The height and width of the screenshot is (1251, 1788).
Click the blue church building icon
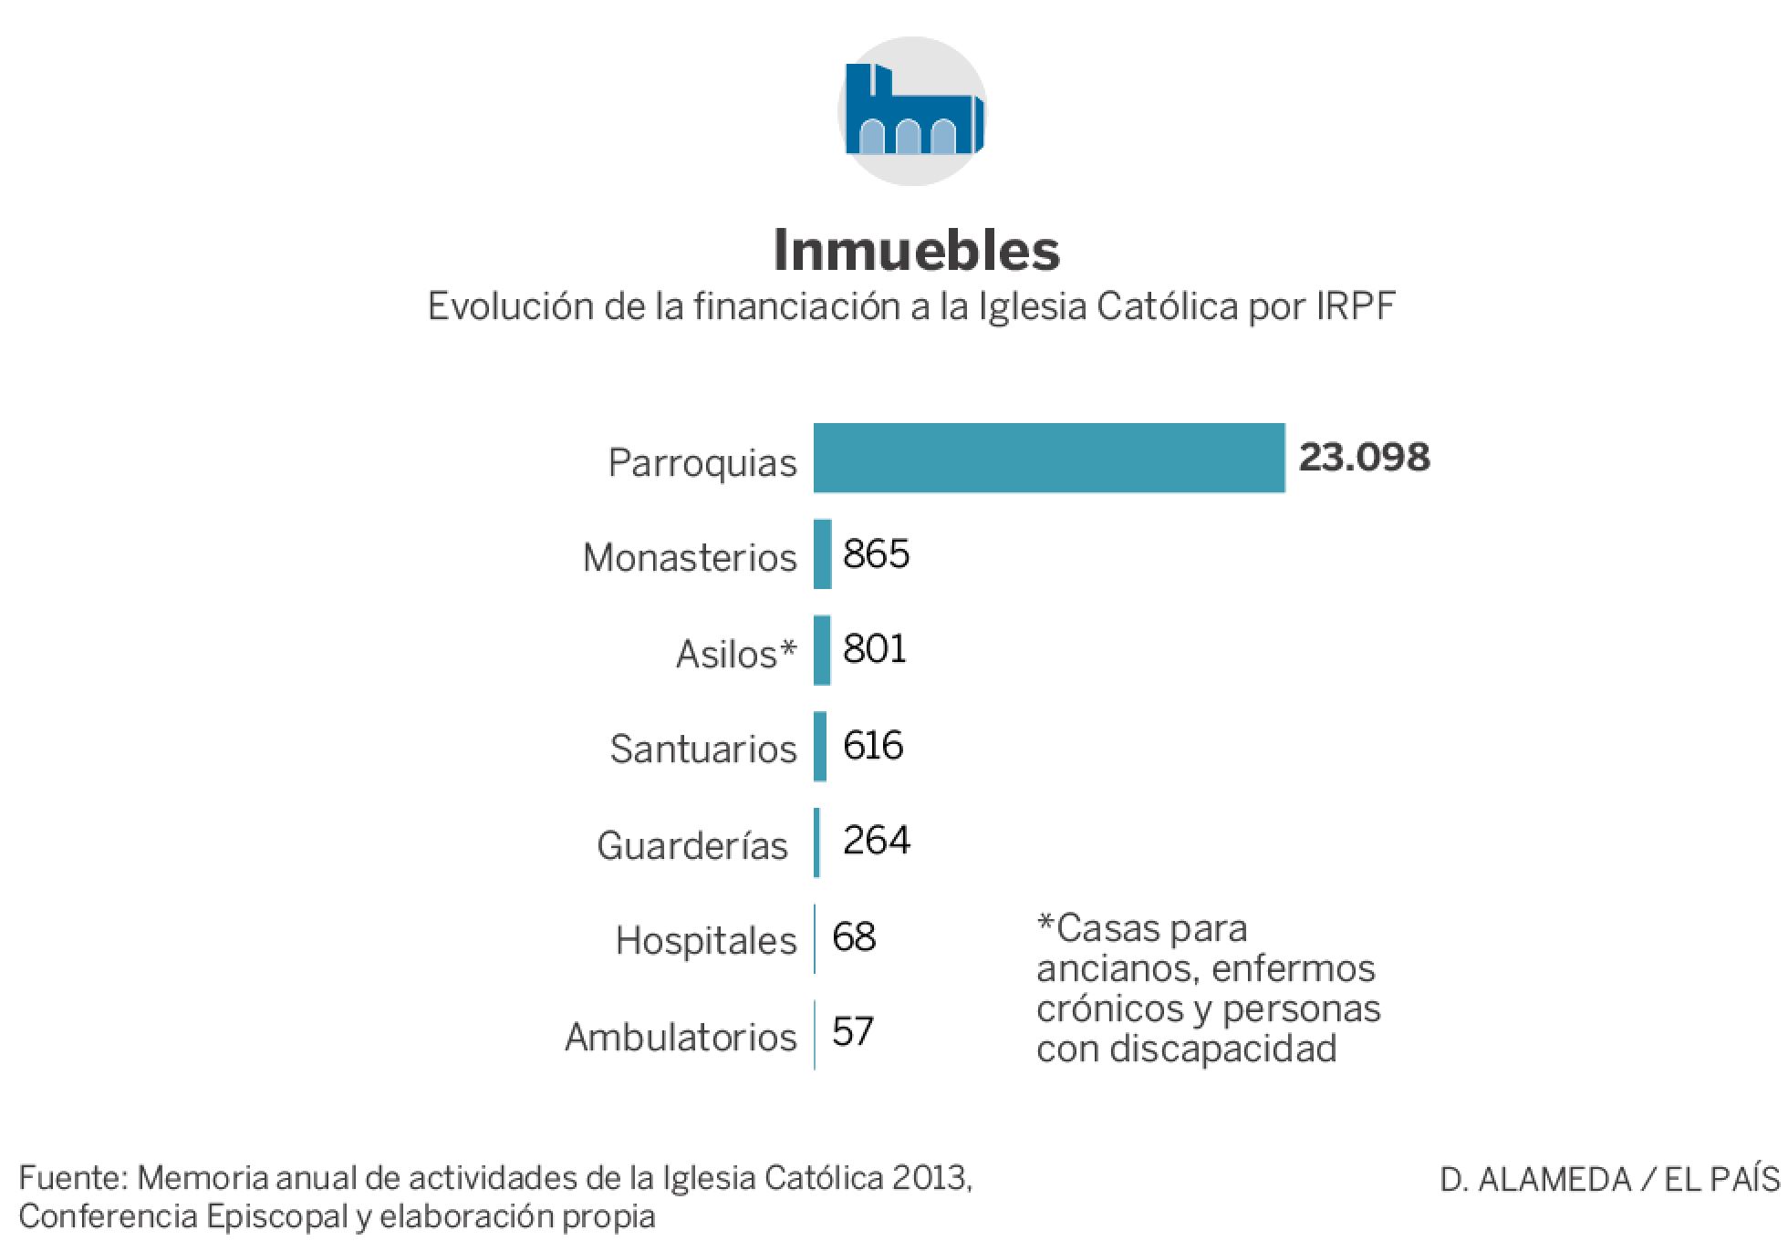[x=913, y=111]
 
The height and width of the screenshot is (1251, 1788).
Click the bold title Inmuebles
[x=916, y=250]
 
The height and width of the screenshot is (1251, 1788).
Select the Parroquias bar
[x=1049, y=458]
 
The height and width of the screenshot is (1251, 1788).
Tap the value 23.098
[x=1364, y=458]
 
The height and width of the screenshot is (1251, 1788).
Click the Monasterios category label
[x=690, y=557]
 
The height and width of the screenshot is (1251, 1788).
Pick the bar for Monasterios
[x=823, y=554]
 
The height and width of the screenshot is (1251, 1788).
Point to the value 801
[x=875, y=649]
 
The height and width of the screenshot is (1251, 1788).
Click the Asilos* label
[x=735, y=654]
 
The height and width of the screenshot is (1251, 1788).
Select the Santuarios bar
[x=820, y=747]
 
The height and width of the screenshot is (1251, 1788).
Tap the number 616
[x=873, y=746]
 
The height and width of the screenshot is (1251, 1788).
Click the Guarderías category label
[x=691, y=845]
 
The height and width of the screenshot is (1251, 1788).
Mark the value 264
[x=876, y=841]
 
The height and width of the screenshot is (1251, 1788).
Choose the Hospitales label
[x=706, y=940]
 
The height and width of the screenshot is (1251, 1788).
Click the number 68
[x=854, y=936]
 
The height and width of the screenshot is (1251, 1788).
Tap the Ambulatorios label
[x=681, y=1037]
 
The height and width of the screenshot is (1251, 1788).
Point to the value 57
[x=853, y=1032]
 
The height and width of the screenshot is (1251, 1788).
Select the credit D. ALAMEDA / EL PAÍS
[x=1609, y=1180]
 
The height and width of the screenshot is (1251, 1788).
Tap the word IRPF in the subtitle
[x=1355, y=306]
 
